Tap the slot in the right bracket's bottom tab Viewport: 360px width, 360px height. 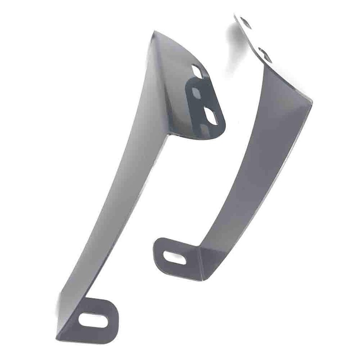[175, 257]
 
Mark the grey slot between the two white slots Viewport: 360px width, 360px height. [196, 93]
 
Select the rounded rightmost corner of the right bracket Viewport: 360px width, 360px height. [310, 100]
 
